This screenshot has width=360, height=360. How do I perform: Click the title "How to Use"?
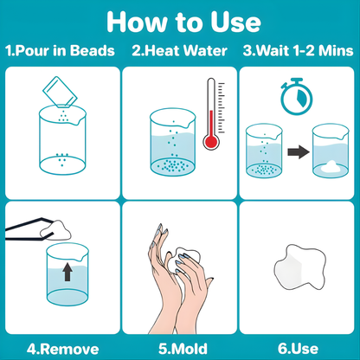179,21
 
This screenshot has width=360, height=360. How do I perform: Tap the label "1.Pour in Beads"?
59,50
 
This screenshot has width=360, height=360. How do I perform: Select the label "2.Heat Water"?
178,50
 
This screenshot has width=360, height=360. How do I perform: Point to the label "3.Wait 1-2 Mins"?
299,50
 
